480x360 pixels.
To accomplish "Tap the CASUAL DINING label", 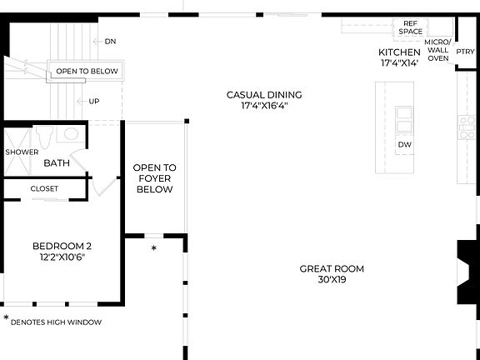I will pyautogui.click(x=264, y=95).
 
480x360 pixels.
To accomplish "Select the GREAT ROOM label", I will pyautogui.click(x=332, y=268).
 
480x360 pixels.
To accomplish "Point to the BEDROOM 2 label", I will pyautogui.click(x=62, y=246).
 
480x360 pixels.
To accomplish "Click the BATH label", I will pyautogui.click(x=57, y=163).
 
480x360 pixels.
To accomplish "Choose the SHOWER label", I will pyautogui.click(x=22, y=152).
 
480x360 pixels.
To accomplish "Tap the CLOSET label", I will pyautogui.click(x=44, y=189).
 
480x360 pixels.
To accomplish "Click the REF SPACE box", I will pyautogui.click(x=410, y=27).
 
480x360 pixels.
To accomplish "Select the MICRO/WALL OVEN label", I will pyautogui.click(x=437, y=50).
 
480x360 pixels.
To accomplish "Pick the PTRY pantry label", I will pyautogui.click(x=465, y=51).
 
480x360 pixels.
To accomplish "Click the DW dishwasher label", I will pyautogui.click(x=404, y=145).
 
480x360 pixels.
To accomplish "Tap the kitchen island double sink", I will pyautogui.click(x=404, y=119).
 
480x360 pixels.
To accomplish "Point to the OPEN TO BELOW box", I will pyautogui.click(x=87, y=71).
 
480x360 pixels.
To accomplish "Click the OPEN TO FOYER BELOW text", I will pyautogui.click(x=154, y=178).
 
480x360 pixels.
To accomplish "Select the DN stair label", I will pyautogui.click(x=110, y=41).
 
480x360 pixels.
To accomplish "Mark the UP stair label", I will pyautogui.click(x=93, y=102).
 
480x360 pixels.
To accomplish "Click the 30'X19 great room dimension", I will pyautogui.click(x=332, y=281).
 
